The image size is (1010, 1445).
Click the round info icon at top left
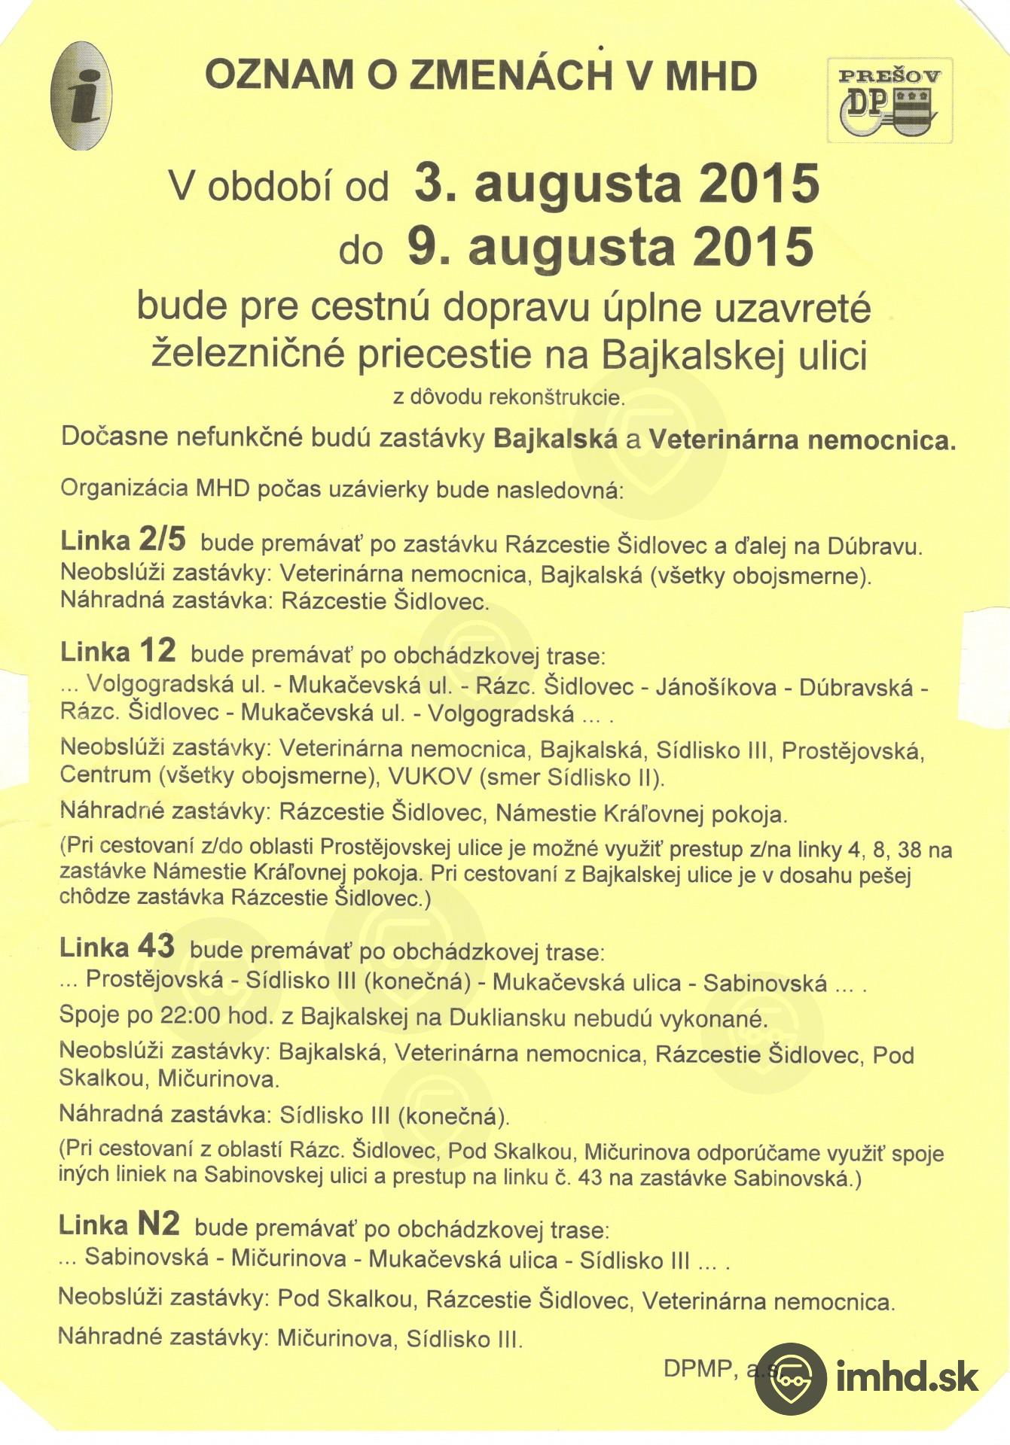[81, 96]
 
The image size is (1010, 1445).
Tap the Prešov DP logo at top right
[889, 100]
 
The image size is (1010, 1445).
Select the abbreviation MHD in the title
[711, 76]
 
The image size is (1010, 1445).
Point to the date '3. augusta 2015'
[617, 183]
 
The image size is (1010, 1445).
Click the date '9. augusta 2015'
[611, 247]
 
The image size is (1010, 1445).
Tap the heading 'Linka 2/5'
[123, 540]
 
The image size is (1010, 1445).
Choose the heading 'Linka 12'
[118, 651]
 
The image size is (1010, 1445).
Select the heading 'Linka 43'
[117, 947]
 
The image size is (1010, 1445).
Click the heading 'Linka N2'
[119, 1224]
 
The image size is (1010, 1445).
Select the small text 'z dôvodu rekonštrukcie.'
[508, 397]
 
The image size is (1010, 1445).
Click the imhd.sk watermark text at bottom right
[907, 1378]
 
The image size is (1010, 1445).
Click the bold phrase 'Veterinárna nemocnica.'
[802, 439]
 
